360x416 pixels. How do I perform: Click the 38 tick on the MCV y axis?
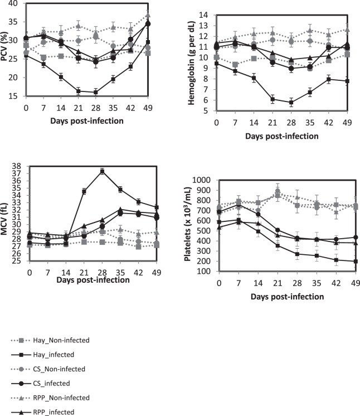(17, 166)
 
